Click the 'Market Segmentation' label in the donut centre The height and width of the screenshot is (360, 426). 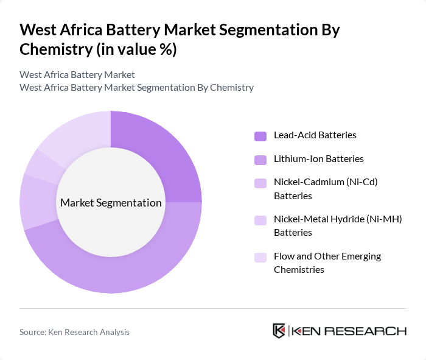point(111,203)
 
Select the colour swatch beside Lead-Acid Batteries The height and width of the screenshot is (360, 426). point(260,136)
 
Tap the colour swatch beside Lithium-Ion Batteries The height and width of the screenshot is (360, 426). point(260,160)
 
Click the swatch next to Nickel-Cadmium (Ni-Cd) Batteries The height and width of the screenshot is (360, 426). point(260,183)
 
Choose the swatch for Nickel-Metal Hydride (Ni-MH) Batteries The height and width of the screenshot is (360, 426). point(260,220)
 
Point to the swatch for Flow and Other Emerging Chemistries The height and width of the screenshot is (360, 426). point(260,257)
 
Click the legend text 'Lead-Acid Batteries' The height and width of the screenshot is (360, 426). point(315,135)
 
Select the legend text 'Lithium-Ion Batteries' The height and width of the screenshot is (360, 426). point(318,159)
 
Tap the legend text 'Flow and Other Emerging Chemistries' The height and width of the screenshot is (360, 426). point(327,263)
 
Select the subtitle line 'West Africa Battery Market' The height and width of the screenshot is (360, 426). point(77,75)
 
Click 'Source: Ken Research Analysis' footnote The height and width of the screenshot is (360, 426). point(74,332)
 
